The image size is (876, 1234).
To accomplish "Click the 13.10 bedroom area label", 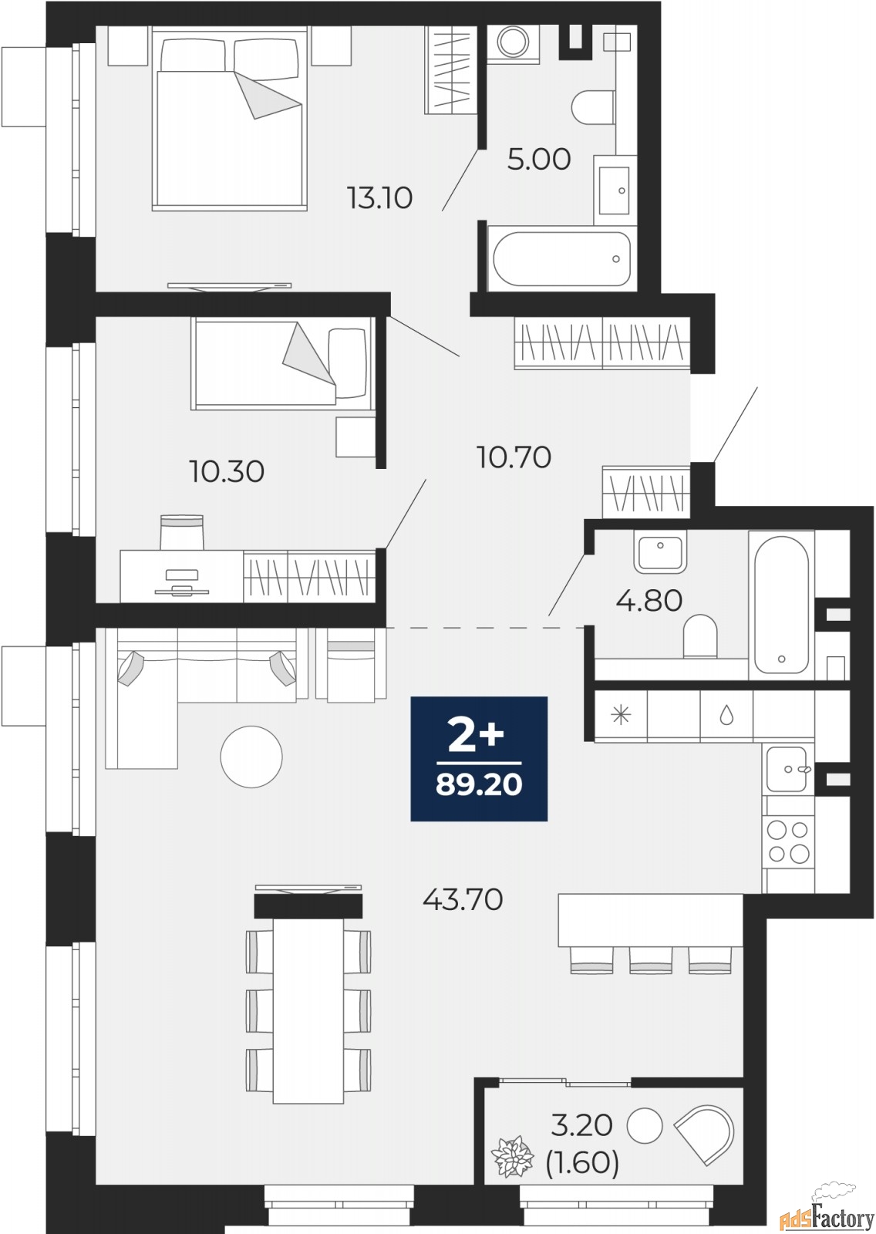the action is point(379,197).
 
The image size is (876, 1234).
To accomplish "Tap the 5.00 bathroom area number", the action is point(539,159).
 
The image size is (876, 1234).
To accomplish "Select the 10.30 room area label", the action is point(227,471).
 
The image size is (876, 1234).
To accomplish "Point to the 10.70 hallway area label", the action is point(514,457).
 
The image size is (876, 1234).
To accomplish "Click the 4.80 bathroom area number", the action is point(649,600).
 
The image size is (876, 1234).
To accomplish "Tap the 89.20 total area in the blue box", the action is point(479,784).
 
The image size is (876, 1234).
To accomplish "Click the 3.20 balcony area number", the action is point(581,1124).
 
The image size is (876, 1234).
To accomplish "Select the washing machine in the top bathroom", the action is point(513,41).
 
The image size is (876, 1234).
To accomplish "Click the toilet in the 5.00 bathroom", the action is point(593,108).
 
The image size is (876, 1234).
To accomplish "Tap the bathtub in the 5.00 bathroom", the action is point(561,259).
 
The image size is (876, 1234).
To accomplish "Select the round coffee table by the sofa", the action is point(251,757).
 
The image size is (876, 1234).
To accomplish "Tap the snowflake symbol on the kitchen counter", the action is point(621,716).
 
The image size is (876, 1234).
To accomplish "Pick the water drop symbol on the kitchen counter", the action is point(726,716).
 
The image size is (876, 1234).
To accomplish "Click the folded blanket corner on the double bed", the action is point(268,94).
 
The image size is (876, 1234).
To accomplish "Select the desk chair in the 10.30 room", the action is point(182,532).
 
